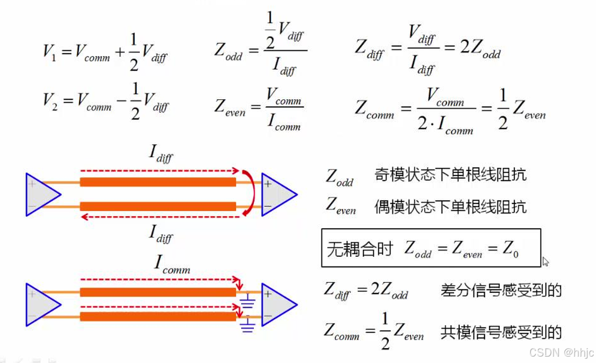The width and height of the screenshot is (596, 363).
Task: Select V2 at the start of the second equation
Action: pyautogui.click(x=50, y=101)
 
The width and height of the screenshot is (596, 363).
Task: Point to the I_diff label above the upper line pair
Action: pyautogui.click(x=161, y=154)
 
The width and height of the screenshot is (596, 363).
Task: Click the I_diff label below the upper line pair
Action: pyautogui.click(x=161, y=233)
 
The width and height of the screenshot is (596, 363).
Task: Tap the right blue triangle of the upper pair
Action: pyautogui.click(x=278, y=195)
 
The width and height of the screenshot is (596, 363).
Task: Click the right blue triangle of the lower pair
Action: pyautogui.click(x=278, y=305)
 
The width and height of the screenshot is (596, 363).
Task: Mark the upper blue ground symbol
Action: pyautogui.click(x=247, y=303)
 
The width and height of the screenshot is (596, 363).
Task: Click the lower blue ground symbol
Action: pyautogui.click(x=247, y=325)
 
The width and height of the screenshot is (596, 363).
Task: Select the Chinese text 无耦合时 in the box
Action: pyautogui.click(x=360, y=249)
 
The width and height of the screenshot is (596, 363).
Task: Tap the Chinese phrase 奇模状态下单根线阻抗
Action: pyautogui.click(x=450, y=175)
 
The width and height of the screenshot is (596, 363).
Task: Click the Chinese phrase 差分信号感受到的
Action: pyautogui.click(x=501, y=290)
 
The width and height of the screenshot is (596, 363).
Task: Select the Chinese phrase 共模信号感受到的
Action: pyautogui.click(x=501, y=332)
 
